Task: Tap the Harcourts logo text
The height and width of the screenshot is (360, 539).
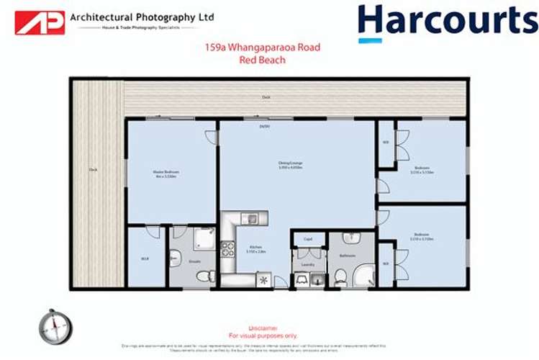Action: pyautogui.click(x=448, y=22)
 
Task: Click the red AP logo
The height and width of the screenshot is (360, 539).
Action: pyautogui.click(x=40, y=22)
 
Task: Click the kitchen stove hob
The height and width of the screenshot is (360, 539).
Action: pyautogui.click(x=228, y=250)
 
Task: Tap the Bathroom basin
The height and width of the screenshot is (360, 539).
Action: pyautogui.click(x=348, y=238)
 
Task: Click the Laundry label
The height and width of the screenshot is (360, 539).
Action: pyautogui.click(x=309, y=264)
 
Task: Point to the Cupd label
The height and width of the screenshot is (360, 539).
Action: pyautogui.click(x=307, y=239)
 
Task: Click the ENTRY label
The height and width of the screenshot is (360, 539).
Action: pyautogui.click(x=265, y=127)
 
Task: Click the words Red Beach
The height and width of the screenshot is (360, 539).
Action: pyautogui.click(x=263, y=60)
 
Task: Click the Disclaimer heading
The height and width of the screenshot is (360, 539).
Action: pyautogui.click(x=263, y=328)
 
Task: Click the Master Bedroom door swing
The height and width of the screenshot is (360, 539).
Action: pyautogui.click(x=210, y=137)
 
